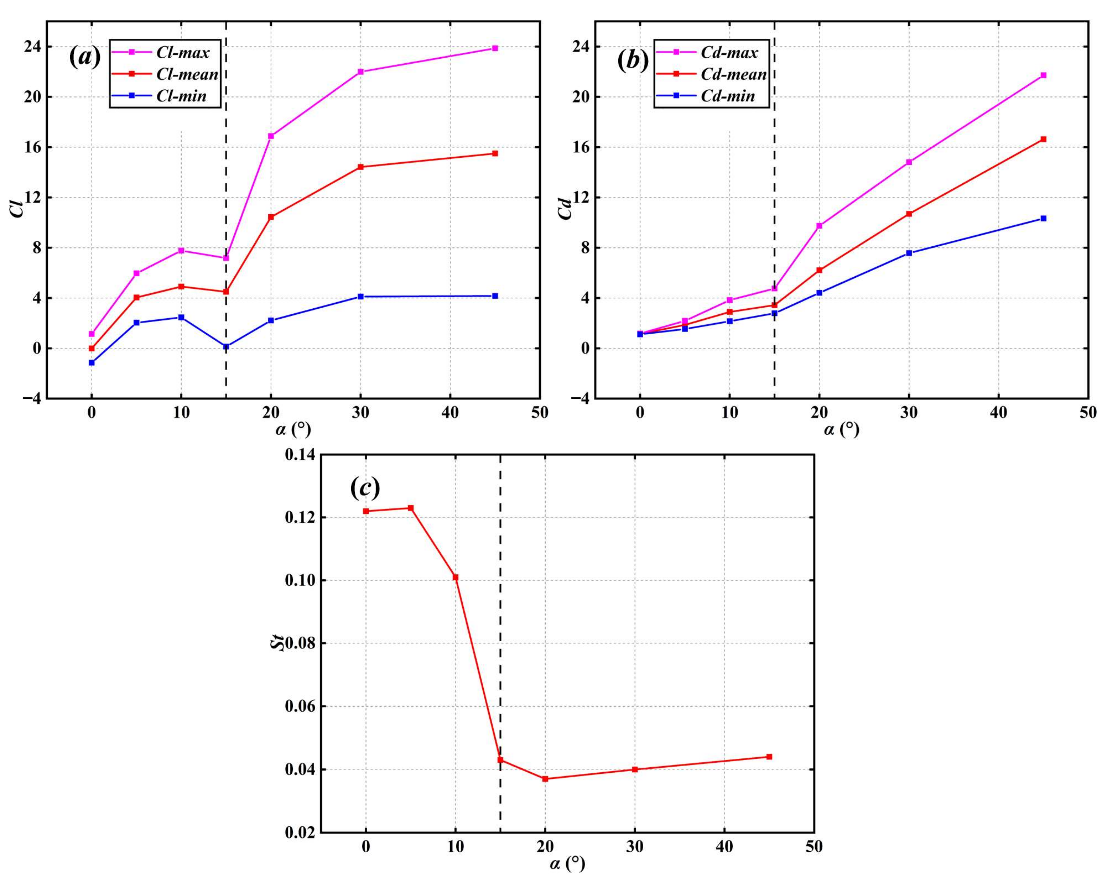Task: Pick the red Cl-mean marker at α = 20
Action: [271, 217]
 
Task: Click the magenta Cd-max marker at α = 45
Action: [1043, 75]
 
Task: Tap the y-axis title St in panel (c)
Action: [278, 644]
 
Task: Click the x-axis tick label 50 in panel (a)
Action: [540, 413]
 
